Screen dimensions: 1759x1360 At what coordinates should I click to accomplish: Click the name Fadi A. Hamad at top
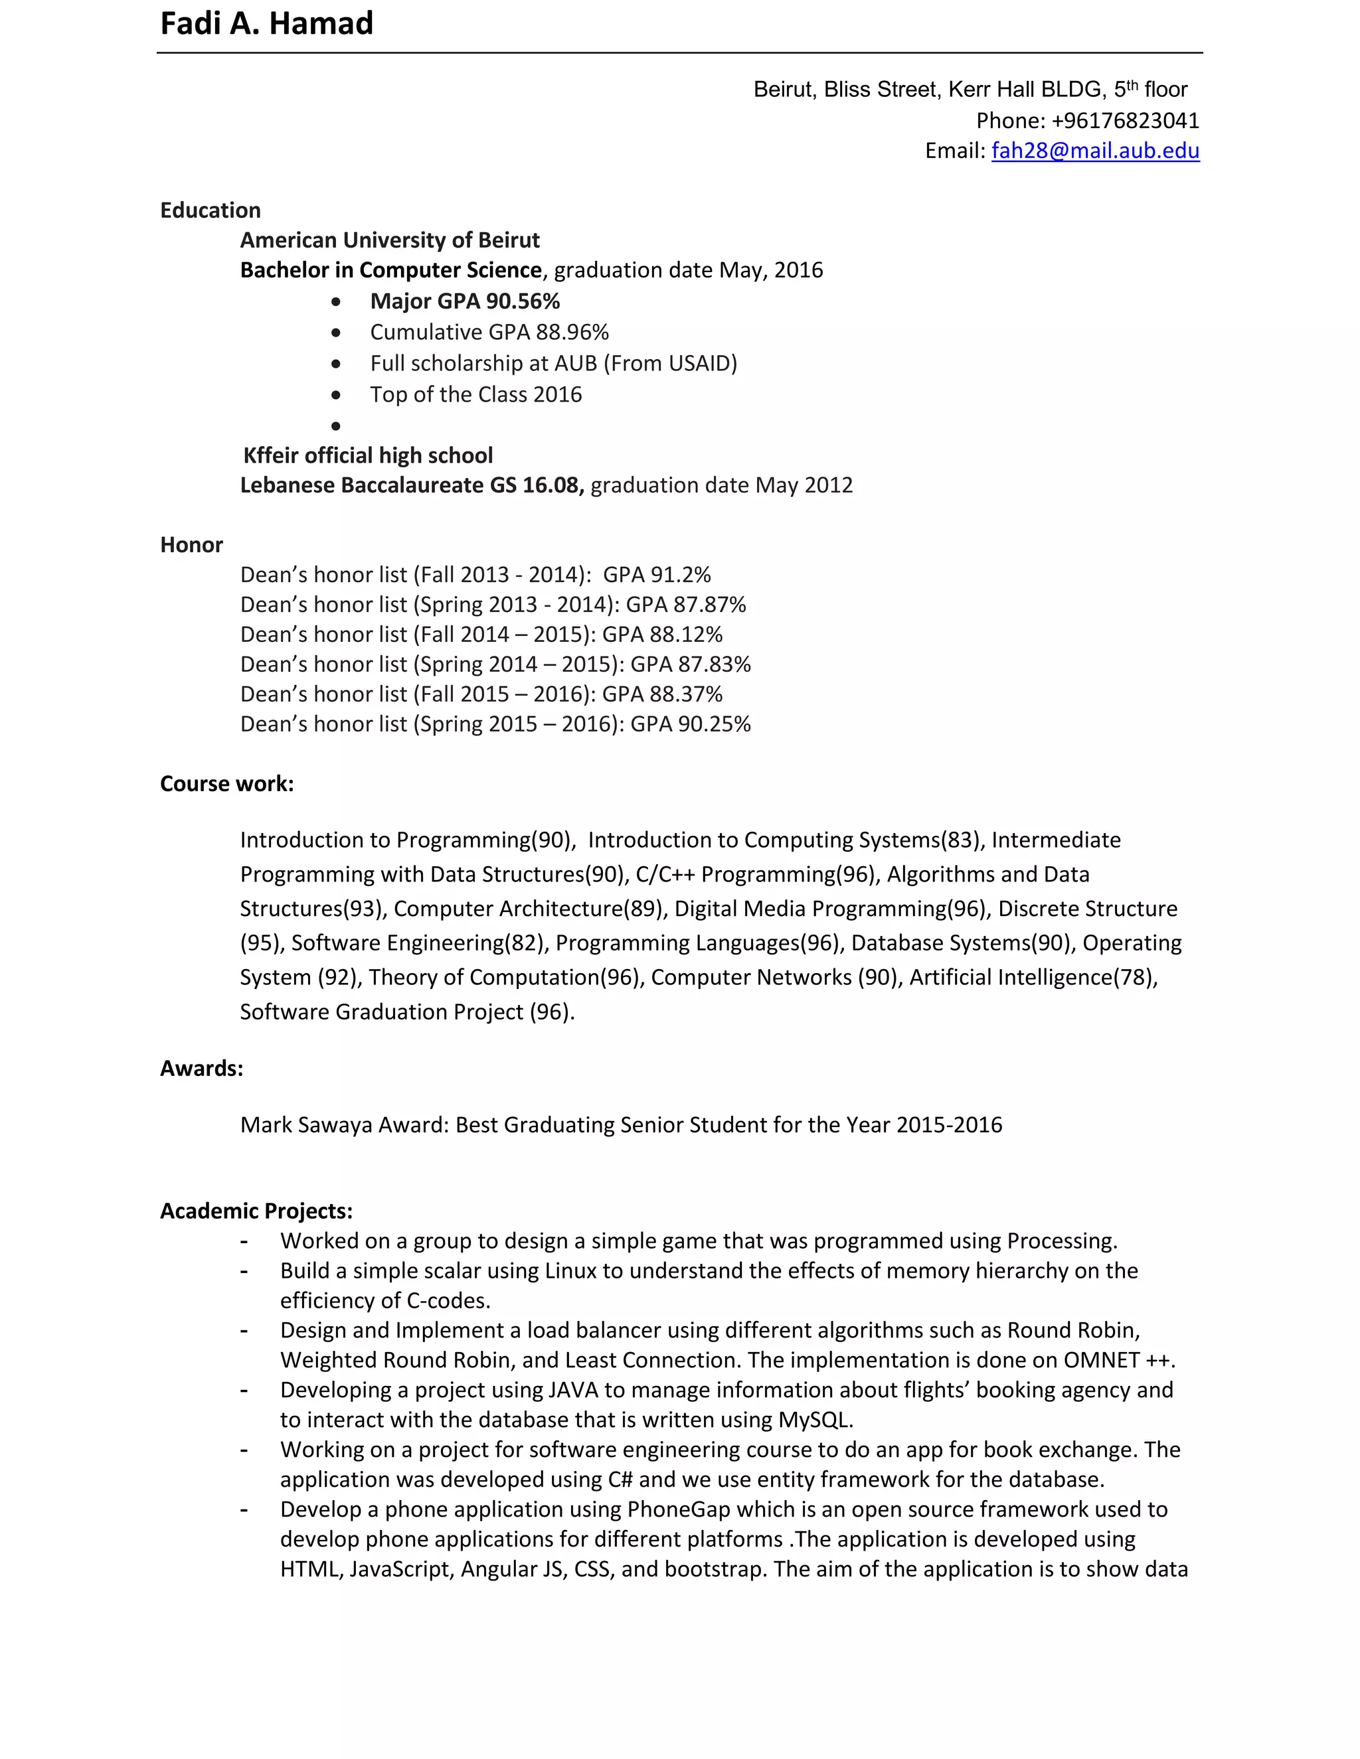(x=267, y=24)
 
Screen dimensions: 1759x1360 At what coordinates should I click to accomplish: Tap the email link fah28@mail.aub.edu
(x=1095, y=151)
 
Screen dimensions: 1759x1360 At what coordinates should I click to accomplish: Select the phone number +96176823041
(x=1125, y=121)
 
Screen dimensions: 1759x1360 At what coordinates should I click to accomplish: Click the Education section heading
(x=211, y=210)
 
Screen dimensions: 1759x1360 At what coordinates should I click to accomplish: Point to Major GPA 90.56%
(x=465, y=301)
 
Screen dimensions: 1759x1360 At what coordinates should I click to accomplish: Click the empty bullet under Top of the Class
(x=336, y=425)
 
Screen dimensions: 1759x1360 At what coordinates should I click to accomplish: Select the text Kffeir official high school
(x=367, y=456)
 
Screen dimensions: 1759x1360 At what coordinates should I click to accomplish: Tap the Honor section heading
(x=191, y=545)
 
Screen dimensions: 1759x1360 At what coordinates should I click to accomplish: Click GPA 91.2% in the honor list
(x=657, y=575)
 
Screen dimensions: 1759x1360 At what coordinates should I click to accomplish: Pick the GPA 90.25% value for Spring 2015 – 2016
(x=690, y=724)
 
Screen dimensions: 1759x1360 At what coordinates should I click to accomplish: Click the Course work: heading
(x=226, y=784)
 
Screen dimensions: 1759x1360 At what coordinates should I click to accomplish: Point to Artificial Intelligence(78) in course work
(x=1032, y=978)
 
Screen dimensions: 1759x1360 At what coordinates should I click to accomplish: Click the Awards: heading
(x=201, y=1069)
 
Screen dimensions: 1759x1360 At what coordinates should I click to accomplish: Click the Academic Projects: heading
(x=256, y=1211)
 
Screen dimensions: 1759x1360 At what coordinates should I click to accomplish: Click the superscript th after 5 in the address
(x=1132, y=84)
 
